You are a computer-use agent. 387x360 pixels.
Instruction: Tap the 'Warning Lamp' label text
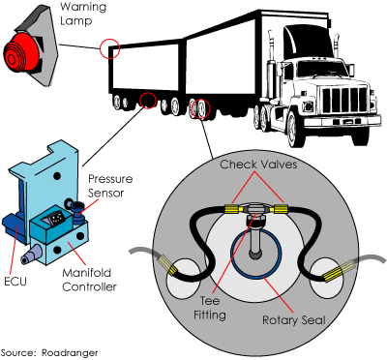tap(83, 14)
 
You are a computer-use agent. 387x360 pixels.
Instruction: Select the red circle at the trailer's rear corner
tap(109, 48)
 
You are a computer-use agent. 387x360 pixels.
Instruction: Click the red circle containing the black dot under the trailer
tap(148, 100)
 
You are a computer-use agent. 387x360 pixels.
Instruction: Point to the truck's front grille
tap(344, 100)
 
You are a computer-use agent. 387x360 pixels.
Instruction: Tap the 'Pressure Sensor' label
tap(110, 186)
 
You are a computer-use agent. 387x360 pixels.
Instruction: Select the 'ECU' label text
tap(15, 281)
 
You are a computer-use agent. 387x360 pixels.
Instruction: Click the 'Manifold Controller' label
tap(89, 280)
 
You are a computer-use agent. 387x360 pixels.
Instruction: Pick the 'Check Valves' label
tap(258, 165)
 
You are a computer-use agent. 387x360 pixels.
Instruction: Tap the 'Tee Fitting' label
tap(210, 308)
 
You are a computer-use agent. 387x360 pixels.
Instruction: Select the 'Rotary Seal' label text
tap(294, 320)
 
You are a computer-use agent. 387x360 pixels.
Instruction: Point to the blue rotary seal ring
tap(235, 255)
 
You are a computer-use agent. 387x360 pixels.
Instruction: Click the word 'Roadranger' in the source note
tap(70, 352)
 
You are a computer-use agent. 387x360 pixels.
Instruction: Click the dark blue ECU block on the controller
tap(13, 228)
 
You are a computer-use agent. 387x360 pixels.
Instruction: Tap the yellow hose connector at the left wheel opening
tap(167, 264)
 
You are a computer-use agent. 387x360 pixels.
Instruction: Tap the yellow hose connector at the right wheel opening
tap(339, 271)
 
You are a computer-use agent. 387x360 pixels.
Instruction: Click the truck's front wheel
tap(293, 125)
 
